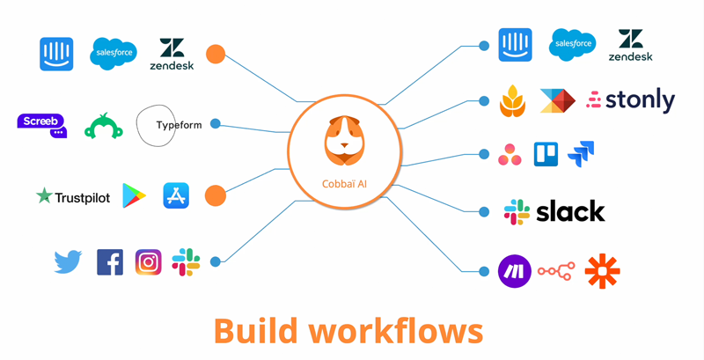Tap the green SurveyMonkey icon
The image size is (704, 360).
coord(103,127)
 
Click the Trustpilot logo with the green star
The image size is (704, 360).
coord(73,197)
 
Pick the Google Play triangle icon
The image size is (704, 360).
coord(134,196)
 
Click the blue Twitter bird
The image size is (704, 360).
coord(68,261)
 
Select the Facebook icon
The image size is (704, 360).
coord(110,262)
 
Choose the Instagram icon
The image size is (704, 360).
coord(148,262)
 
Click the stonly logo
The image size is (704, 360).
coord(631,100)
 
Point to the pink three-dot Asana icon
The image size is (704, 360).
coord(510,155)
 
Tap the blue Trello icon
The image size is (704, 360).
coord(546,155)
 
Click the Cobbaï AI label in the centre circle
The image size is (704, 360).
coord(346,183)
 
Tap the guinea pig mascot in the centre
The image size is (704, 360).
coord(346,141)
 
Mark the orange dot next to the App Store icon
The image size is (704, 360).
coord(216,195)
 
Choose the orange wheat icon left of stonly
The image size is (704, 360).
coord(513,101)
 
